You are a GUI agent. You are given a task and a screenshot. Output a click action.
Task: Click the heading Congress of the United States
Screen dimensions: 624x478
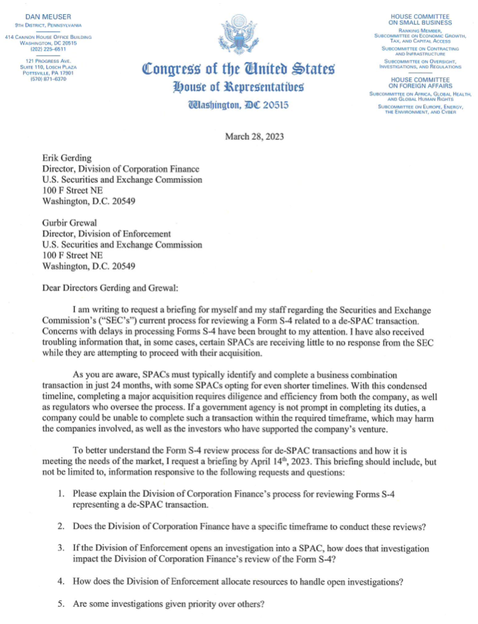[239, 69]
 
